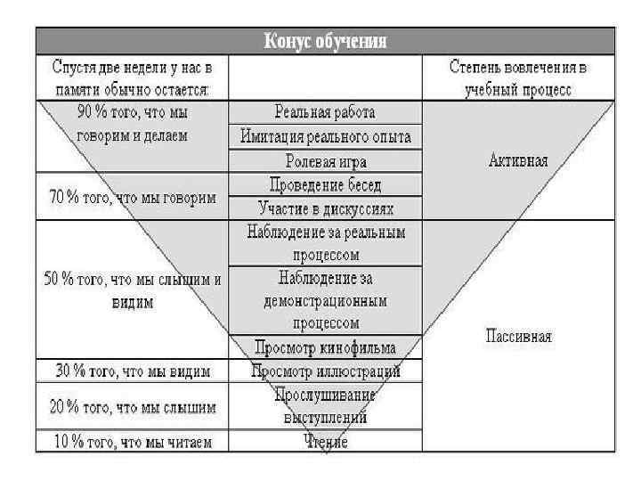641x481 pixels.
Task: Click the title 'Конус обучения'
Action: tap(325, 41)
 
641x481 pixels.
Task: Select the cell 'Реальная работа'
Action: tap(325, 113)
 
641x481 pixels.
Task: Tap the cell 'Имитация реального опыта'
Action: tap(325, 137)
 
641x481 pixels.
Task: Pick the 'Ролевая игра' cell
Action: tap(325, 161)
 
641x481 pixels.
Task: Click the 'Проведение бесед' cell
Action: tap(325, 185)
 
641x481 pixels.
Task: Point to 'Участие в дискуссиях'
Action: tap(325, 208)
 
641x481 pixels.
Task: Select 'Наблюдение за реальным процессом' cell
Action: tap(325, 242)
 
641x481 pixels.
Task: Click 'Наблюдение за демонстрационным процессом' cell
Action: tap(325, 300)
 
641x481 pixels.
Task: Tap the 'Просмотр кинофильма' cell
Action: tap(325, 346)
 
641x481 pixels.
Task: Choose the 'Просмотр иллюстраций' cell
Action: tap(325, 370)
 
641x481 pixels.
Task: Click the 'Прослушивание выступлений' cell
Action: tap(325, 405)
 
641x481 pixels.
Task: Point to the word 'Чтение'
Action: tap(325, 441)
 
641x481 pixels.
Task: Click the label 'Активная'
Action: tap(519, 161)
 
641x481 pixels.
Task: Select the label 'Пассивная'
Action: tap(519, 336)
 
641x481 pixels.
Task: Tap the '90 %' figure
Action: tap(69, 113)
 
